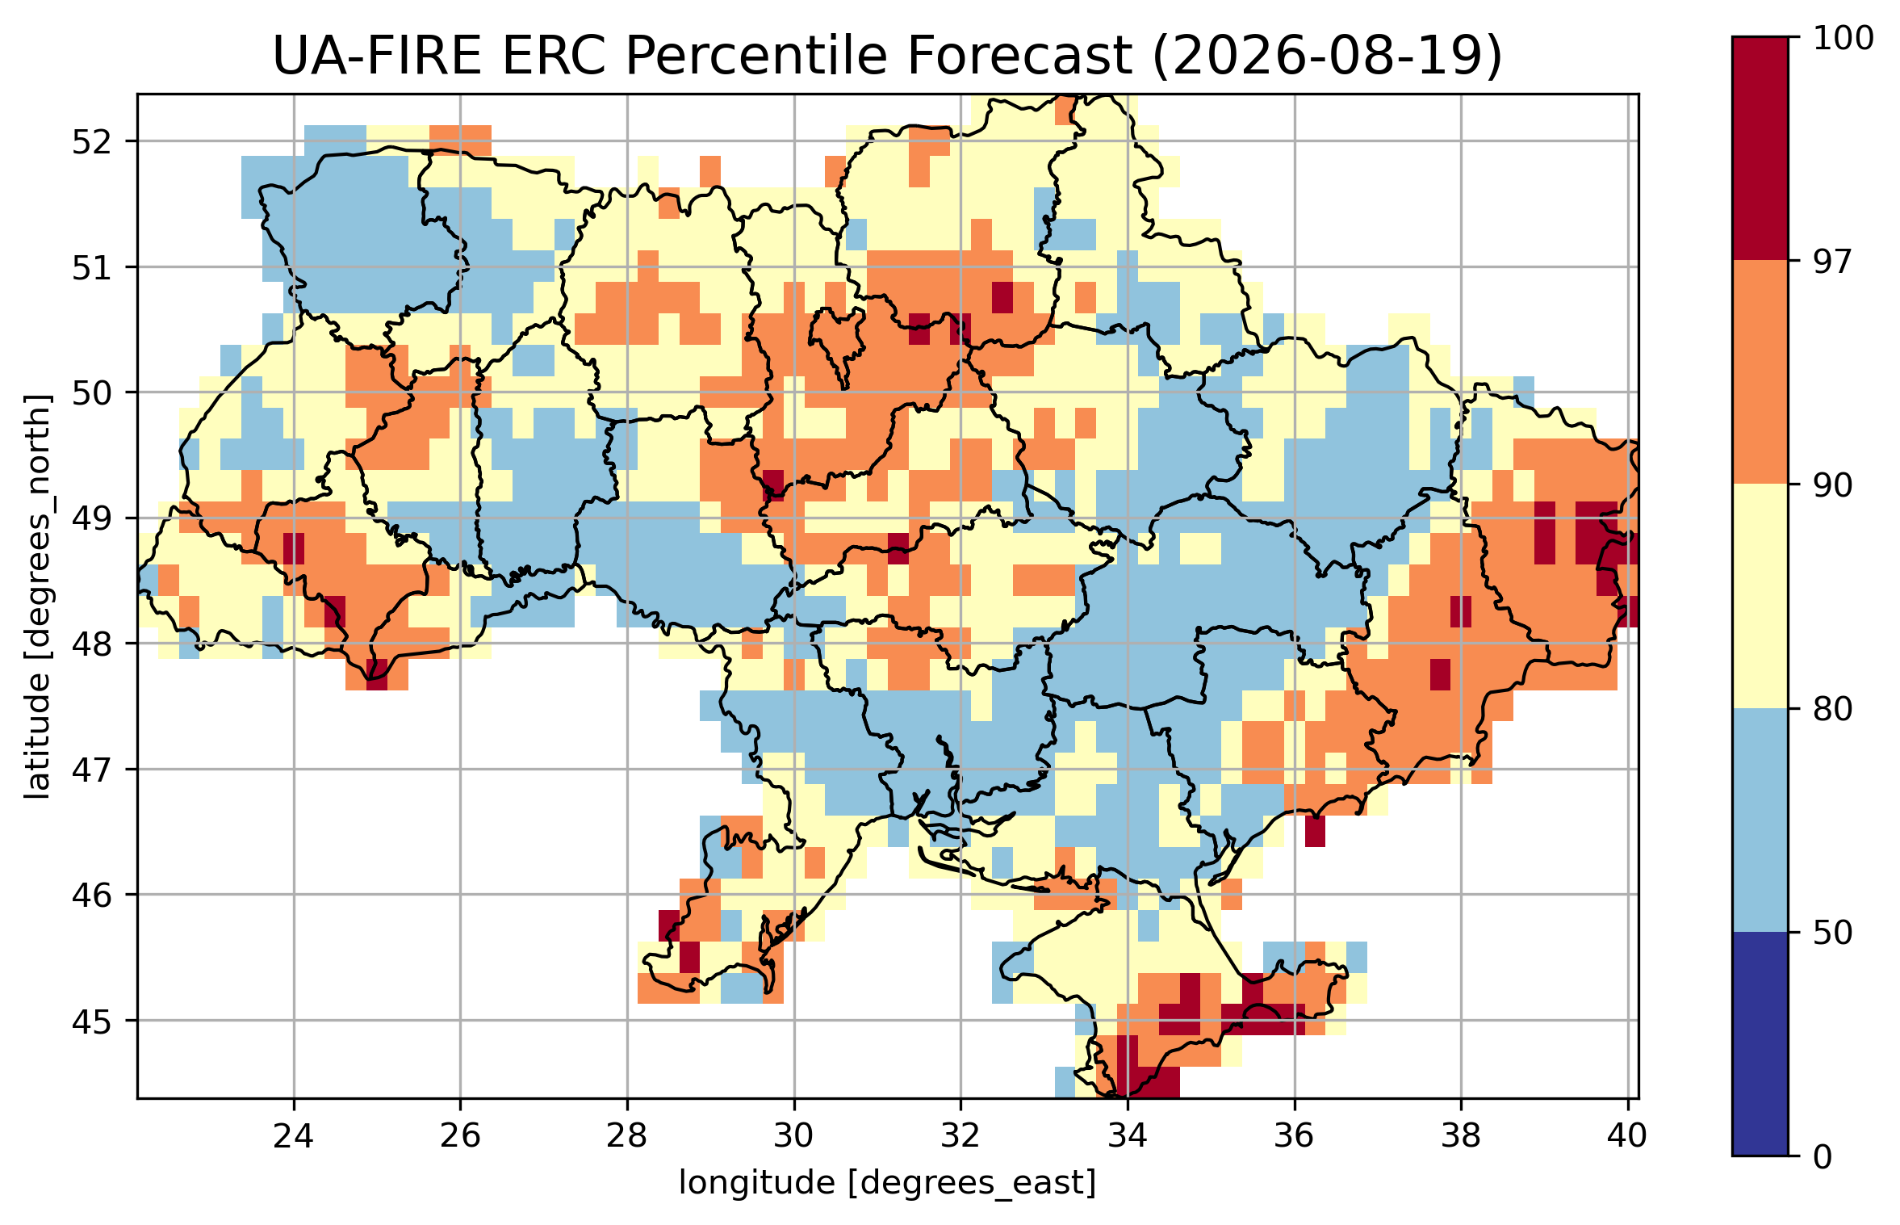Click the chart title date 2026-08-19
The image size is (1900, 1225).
1327,57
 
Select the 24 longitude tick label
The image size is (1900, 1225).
294,1136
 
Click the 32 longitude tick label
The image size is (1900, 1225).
960,1136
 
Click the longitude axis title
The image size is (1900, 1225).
888,1183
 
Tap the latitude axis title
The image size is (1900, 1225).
37,597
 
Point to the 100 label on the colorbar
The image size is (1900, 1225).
1844,38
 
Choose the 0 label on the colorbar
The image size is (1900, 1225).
1823,1157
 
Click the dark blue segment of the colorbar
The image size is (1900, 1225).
1760,1044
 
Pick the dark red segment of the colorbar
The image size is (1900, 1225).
1760,149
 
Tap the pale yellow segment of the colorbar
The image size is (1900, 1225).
1760,596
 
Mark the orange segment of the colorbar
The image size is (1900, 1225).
1760,372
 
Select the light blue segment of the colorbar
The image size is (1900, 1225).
1760,820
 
